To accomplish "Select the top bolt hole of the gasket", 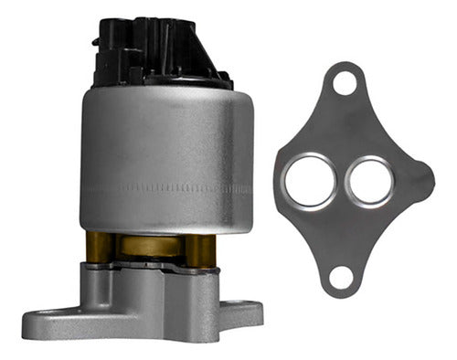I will (x=345, y=83).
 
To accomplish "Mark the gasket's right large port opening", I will (x=370, y=179).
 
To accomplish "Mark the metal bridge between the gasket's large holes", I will (x=340, y=180).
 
